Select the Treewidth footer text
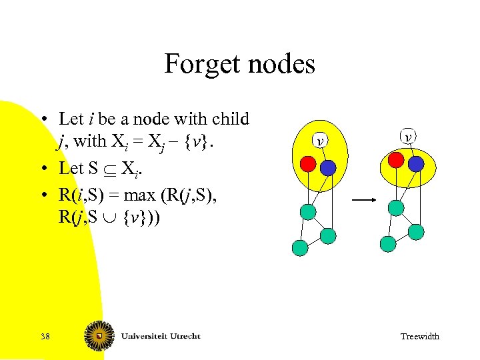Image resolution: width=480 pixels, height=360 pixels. pyautogui.click(x=419, y=336)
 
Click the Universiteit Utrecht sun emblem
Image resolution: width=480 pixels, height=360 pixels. pyautogui.click(x=99, y=336)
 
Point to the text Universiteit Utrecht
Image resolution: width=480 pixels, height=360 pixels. pyautogui.click(x=161, y=336)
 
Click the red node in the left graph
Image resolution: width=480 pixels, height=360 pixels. pyautogui.click(x=307, y=163)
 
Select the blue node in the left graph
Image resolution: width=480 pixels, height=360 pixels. pyautogui.click(x=328, y=167)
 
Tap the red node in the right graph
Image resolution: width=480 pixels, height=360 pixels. pyautogui.click(x=396, y=160)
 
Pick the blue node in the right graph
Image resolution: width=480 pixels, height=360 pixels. pyautogui.click(x=416, y=163)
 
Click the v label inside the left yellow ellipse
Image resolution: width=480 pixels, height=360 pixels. pyautogui.click(x=321, y=141)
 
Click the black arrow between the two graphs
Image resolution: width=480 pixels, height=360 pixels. pyautogui.click(x=363, y=199)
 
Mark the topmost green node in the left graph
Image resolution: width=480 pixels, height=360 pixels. pyautogui.click(x=307, y=212)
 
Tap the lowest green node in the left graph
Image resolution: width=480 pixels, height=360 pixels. pyautogui.click(x=301, y=248)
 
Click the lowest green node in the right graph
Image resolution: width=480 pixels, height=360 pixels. pyautogui.click(x=388, y=244)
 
